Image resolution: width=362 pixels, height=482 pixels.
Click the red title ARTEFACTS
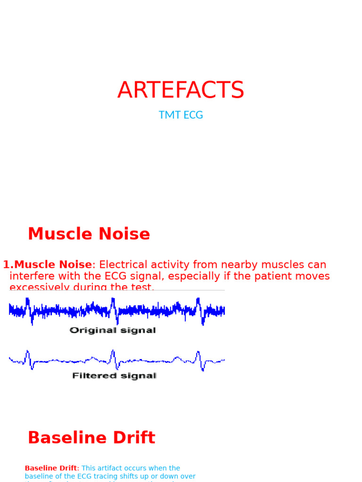click(181, 90)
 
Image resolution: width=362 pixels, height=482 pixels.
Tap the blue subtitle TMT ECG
click(181, 115)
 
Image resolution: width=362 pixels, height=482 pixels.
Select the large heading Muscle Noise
click(89, 234)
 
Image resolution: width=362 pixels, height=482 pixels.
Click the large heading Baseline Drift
click(91, 438)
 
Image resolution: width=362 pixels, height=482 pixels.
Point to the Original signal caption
click(113, 330)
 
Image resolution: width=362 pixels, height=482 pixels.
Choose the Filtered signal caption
click(114, 376)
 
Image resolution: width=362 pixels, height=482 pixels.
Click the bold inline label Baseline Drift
click(50, 468)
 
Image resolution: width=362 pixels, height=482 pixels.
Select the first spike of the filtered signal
click(28, 358)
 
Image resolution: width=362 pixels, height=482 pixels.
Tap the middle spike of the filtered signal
click(113, 358)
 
